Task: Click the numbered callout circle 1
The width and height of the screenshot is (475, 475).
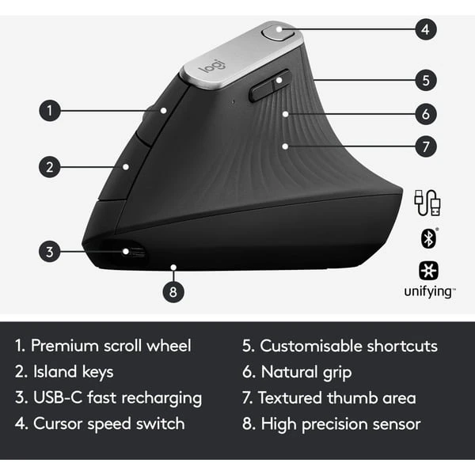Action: click(50, 111)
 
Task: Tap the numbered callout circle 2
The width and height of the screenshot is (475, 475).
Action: click(50, 166)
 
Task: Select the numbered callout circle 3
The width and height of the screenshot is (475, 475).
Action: click(50, 253)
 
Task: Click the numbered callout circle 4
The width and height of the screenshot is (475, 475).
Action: click(425, 30)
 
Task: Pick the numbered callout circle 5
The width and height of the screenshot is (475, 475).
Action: click(425, 80)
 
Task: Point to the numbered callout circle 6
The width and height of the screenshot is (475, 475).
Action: click(425, 113)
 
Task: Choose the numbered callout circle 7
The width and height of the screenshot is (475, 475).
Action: click(425, 146)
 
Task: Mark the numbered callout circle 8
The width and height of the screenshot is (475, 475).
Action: click(174, 291)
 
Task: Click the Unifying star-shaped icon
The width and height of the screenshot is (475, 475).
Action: click(427, 269)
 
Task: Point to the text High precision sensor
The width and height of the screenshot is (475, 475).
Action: click(340, 424)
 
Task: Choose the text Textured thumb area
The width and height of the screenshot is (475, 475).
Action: click(339, 397)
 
